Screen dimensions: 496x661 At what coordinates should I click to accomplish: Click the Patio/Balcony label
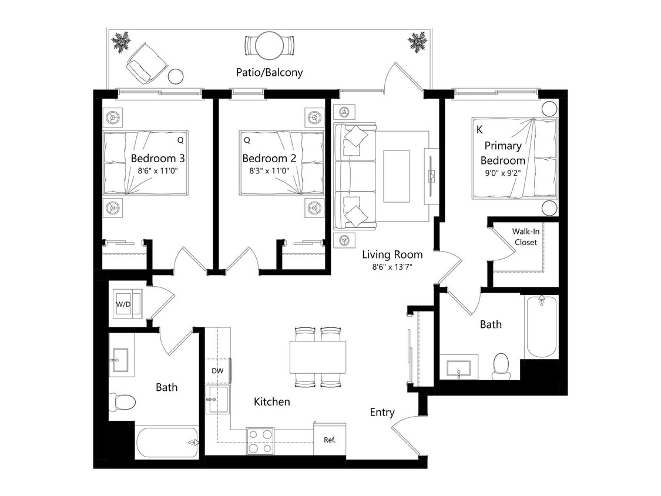(269, 73)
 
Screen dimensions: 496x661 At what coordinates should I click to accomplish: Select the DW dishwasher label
(218, 371)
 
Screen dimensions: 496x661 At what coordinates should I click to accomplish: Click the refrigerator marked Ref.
(330, 439)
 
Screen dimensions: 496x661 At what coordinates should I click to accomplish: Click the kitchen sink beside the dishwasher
(217, 400)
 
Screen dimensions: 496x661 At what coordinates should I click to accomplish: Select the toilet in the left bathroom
(124, 402)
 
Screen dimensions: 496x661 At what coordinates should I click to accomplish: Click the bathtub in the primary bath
(541, 327)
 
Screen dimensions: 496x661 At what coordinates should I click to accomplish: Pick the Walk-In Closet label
(525, 236)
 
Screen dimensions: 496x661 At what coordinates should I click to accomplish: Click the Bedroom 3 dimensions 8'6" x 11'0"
(157, 171)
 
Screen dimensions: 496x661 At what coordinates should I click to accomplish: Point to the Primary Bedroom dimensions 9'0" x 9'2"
(502, 174)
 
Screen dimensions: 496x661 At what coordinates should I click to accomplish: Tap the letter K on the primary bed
(479, 129)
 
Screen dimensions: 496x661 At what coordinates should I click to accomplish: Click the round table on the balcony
(270, 45)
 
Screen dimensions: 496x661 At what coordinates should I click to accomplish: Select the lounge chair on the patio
(143, 63)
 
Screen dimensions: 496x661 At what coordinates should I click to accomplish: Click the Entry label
(382, 413)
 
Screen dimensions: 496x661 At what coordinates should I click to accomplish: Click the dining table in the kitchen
(317, 357)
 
